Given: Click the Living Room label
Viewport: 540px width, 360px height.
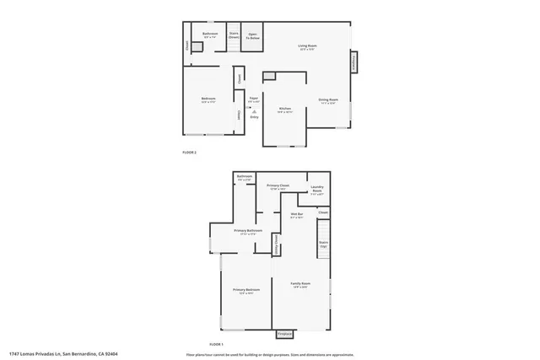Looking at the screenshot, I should tap(306, 46).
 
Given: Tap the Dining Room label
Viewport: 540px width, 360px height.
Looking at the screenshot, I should tap(328, 101).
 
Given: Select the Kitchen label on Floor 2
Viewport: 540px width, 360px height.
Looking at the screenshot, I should tap(284, 109).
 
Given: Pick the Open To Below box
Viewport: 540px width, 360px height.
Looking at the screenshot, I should tap(252, 36).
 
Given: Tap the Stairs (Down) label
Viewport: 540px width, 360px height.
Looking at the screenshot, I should tap(234, 36).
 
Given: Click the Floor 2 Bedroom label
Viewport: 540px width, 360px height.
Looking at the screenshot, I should tap(208, 100).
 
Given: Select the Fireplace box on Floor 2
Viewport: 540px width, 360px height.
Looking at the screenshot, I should tap(354, 62).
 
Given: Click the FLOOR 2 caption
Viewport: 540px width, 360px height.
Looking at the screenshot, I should tap(190, 152).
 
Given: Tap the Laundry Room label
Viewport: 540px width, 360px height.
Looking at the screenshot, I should tap(317, 189).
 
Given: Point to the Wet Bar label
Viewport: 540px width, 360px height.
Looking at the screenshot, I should tap(296, 216).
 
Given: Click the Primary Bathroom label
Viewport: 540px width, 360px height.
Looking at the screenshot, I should tap(247, 232).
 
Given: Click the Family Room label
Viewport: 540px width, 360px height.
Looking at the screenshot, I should tap(301, 284).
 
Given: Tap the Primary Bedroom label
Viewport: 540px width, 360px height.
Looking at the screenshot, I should tap(246, 291).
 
